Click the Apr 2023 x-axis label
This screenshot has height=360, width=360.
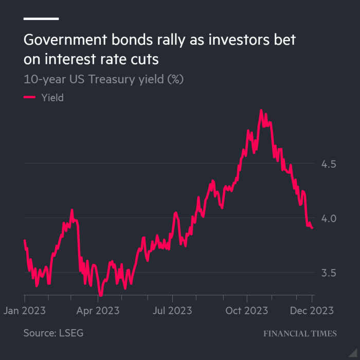[x=98, y=311]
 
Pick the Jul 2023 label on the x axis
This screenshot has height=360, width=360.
[x=172, y=311]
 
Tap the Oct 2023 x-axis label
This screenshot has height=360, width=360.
[x=247, y=311]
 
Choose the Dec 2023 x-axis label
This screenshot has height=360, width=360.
[x=312, y=311]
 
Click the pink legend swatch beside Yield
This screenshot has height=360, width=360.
[x=29, y=97]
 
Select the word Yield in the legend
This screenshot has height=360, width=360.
[x=52, y=97]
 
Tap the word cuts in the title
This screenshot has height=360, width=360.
[x=144, y=60]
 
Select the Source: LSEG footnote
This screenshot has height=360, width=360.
[x=53, y=333]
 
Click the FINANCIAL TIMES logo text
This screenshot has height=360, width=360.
[x=300, y=333]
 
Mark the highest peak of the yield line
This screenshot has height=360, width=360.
[x=261, y=110]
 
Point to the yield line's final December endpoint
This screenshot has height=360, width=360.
[x=312, y=228]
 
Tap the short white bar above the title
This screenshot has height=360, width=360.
[x=41, y=19]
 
